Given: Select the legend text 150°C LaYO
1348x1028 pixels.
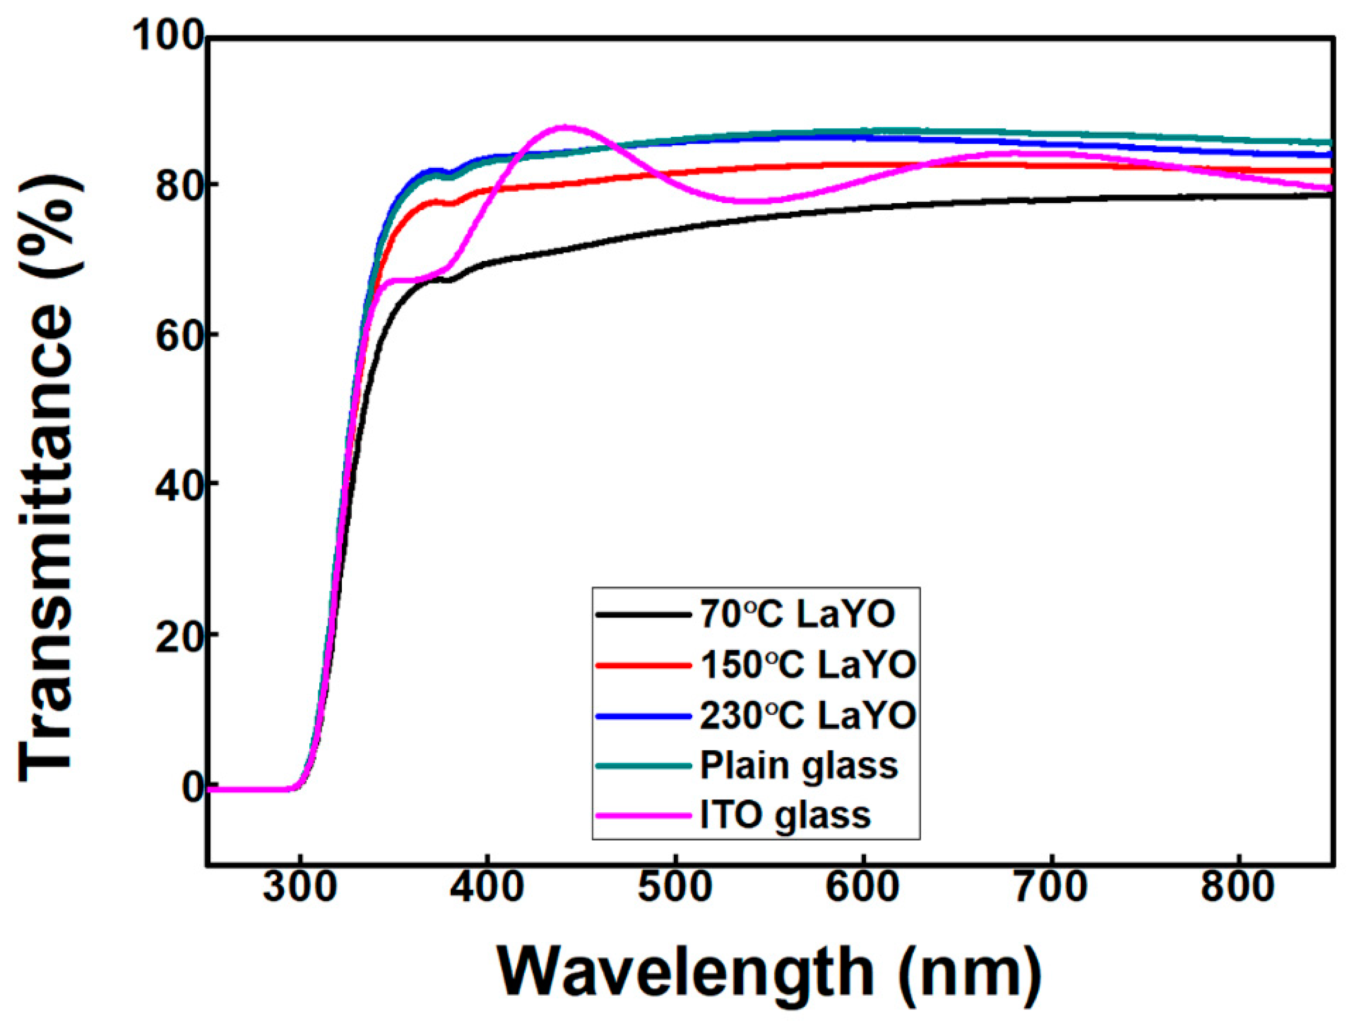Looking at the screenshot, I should pyautogui.click(x=807, y=665).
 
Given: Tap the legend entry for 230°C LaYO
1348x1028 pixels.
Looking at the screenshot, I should pyautogui.click(x=807, y=715).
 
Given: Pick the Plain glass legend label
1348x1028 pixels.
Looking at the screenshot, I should pyautogui.click(x=798, y=765).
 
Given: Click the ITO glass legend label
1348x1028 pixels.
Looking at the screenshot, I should pyautogui.click(x=785, y=815).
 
